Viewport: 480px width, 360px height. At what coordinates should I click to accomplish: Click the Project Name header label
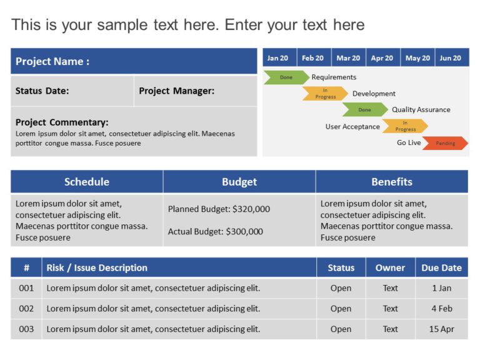pos(52,61)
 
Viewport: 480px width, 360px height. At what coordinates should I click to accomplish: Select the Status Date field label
pos(42,91)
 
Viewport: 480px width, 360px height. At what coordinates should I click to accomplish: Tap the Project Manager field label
pos(176,91)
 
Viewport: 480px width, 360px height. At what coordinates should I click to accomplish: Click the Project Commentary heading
pos(62,122)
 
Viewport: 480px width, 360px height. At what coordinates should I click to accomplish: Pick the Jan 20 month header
pos(277,58)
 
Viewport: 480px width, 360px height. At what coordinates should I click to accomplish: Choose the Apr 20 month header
pos(382,58)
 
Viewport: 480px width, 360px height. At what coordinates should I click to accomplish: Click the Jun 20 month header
pos(451,58)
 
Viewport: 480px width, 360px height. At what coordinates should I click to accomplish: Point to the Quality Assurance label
pos(421,109)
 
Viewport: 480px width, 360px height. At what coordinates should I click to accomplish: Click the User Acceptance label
pos(352,126)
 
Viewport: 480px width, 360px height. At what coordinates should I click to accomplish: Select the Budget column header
pos(239,182)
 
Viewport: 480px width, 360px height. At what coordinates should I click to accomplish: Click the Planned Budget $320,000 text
pos(219,209)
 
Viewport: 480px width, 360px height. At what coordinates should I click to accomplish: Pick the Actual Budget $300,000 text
pos(215,231)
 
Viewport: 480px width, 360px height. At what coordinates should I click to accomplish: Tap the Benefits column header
pos(392,182)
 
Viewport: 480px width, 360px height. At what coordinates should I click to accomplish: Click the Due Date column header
pos(441,267)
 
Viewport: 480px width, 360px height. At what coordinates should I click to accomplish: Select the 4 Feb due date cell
pos(442,308)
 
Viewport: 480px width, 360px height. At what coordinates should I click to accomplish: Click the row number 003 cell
pos(26,329)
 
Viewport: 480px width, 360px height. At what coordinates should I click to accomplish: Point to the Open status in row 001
pos(341,288)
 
